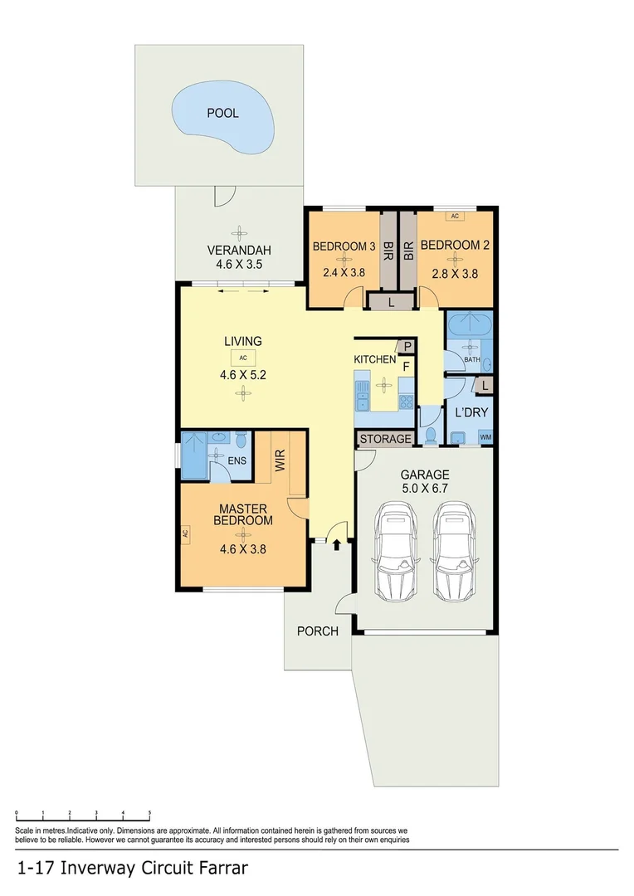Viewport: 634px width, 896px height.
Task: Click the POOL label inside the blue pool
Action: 222,113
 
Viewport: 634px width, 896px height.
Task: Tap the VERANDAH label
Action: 239,251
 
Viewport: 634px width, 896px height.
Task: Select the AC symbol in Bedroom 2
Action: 454,217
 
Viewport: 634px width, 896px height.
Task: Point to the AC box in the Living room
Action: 243,358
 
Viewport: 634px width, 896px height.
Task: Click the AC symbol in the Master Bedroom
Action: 186,535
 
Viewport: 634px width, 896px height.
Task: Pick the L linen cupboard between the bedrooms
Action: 391,303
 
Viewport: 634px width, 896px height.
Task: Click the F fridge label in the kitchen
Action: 407,365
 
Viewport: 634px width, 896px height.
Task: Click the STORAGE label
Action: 385,439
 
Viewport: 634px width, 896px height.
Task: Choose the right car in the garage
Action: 454,552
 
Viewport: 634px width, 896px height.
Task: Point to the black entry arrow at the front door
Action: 337,544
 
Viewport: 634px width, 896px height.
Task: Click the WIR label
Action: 280,461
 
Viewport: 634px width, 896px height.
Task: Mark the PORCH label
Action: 318,631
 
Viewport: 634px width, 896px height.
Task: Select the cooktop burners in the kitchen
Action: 406,402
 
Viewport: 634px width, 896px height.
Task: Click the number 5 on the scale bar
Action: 149,814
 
